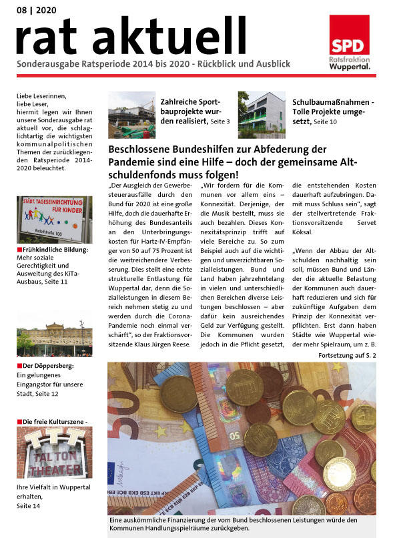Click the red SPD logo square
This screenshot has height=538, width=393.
[x=350, y=35]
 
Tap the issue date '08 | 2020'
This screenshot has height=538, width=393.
[x=37, y=10]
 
